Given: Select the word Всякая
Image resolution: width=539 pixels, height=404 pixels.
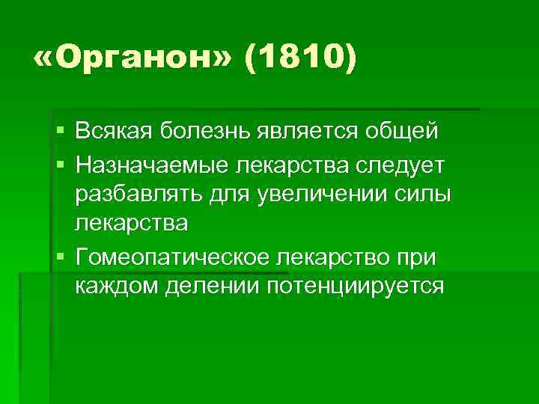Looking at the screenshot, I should click(x=115, y=132).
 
